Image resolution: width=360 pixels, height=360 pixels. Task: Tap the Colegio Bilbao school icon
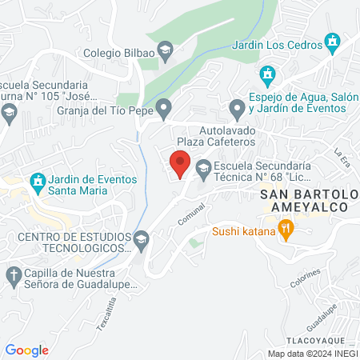point(164,54)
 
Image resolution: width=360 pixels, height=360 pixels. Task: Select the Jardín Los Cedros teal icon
point(332,40)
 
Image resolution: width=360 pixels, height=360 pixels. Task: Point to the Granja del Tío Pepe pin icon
point(164,106)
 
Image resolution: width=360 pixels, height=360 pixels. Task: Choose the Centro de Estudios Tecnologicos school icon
point(141,238)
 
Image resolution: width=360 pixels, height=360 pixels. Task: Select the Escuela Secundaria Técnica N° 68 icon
point(202,168)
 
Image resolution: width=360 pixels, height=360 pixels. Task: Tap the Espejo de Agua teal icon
point(268,76)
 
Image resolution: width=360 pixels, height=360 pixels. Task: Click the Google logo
point(27,350)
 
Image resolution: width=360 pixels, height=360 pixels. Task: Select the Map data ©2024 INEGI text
point(311,353)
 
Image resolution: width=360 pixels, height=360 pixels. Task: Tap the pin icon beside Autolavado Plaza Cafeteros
point(236,107)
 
